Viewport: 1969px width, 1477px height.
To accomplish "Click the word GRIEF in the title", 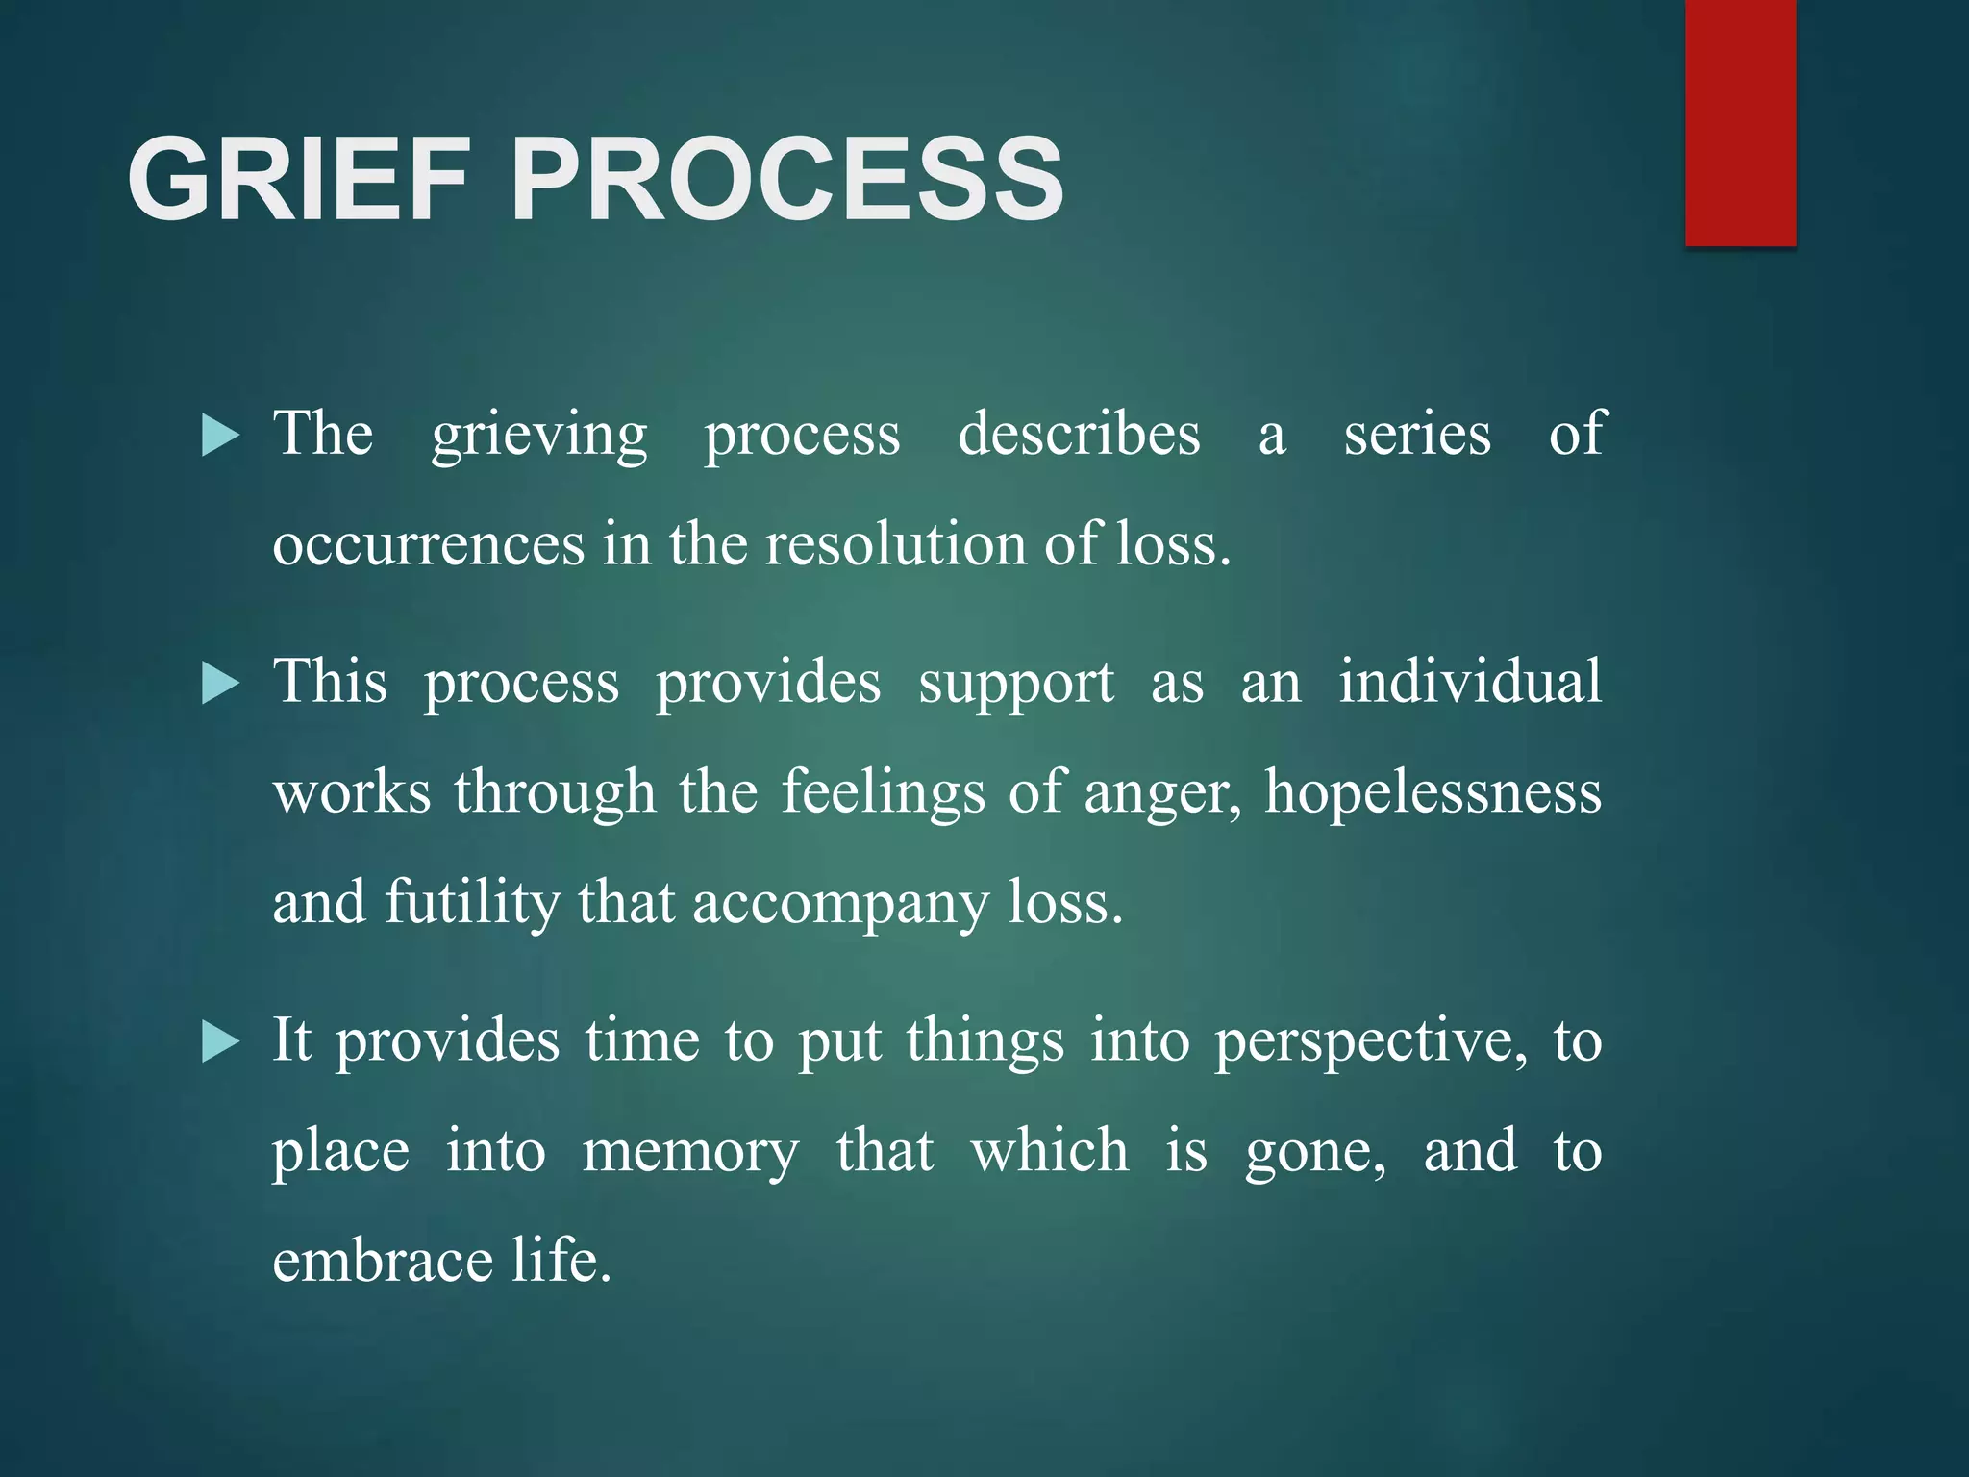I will [x=298, y=179].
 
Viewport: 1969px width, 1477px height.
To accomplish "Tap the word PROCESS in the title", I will [x=786, y=179].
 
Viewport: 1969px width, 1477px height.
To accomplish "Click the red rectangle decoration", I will [x=1740, y=123].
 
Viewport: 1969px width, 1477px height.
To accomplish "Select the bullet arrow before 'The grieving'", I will [x=220, y=437].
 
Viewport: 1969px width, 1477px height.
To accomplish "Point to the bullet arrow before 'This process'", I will [x=220, y=685].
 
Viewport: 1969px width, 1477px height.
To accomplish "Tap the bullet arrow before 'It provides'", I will [x=220, y=1042].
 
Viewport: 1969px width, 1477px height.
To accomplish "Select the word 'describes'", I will [x=1079, y=435].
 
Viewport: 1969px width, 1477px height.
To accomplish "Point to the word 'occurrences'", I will [x=428, y=546].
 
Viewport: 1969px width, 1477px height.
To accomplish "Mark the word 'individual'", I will [x=1470, y=682].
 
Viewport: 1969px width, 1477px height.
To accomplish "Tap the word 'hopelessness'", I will [x=1433, y=793].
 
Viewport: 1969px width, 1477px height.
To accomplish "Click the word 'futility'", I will [x=472, y=904].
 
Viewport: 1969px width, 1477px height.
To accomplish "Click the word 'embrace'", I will [x=381, y=1262].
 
